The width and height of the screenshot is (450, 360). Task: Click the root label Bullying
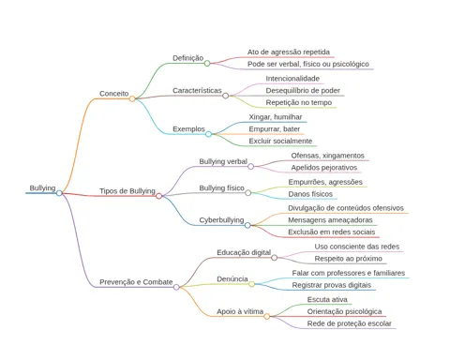click(42, 188)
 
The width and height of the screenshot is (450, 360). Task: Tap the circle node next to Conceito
click(132, 98)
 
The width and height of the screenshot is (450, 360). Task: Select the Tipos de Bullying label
click(127, 191)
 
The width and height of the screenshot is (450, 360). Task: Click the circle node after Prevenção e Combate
click(176, 287)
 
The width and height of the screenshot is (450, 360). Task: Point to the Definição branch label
click(188, 58)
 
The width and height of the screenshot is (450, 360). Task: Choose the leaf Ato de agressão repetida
click(289, 52)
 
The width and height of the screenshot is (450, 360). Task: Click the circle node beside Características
click(225, 96)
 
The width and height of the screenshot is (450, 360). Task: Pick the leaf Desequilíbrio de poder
click(303, 91)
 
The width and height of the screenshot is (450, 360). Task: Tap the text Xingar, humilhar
click(276, 117)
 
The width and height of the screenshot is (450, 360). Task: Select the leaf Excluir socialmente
click(280, 141)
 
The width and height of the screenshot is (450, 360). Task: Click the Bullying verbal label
click(223, 161)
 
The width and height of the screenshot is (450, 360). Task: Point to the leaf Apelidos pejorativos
click(324, 168)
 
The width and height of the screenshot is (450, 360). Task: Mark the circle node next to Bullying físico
click(248, 193)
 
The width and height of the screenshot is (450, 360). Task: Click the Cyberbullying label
click(221, 220)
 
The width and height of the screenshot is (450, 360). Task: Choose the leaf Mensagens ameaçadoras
click(330, 220)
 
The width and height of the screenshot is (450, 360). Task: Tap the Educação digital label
click(244, 252)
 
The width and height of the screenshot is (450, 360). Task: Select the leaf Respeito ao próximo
click(348, 259)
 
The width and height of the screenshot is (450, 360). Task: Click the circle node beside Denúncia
click(251, 284)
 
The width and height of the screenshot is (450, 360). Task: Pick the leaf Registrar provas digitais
click(332, 285)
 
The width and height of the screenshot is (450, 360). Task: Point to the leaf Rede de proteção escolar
click(349, 323)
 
